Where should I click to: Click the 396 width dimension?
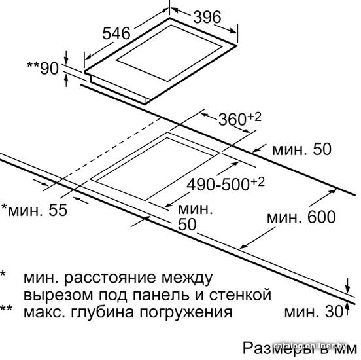coord(207,17)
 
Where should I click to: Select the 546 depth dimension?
coord(116,33)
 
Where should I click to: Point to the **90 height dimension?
coord(43,68)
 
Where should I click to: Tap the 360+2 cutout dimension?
coord(239,118)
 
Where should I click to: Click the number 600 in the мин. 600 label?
coord(322,217)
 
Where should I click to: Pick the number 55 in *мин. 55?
coord(58,210)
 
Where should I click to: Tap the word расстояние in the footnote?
coord(110,278)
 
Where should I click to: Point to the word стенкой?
coord(240,295)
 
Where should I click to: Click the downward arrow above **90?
coord(66,58)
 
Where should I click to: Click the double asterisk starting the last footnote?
coord(6,308)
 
